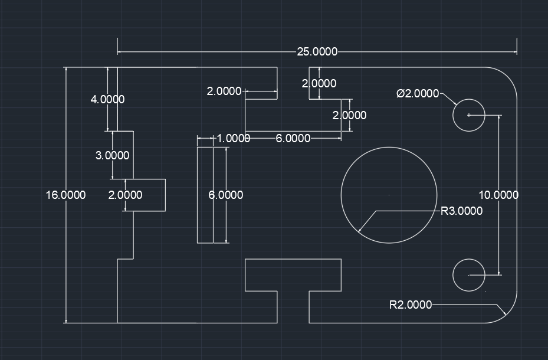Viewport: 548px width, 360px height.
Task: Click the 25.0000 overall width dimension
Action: tap(317, 52)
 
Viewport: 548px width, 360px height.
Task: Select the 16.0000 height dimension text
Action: tap(65, 195)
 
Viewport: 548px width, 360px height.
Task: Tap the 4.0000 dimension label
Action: tap(107, 100)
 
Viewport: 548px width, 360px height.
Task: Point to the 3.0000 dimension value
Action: tap(112, 156)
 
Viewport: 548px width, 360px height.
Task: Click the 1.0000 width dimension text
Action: tap(234, 139)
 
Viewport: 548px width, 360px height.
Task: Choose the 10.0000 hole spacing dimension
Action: tap(498, 195)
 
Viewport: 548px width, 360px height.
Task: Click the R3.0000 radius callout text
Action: tap(462, 211)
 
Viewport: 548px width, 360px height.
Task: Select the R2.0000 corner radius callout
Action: tap(411, 305)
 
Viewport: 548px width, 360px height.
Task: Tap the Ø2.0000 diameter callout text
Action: tap(418, 93)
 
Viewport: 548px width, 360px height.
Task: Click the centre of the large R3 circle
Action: tap(389, 195)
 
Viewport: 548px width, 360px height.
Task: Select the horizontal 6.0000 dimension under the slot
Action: tap(293, 139)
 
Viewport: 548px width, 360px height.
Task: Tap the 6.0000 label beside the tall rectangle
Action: tap(226, 195)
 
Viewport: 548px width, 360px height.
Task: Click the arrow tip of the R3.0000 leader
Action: tap(359, 231)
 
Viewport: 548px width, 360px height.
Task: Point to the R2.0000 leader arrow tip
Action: tap(506, 315)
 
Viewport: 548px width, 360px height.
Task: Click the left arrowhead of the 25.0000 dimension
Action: tap(118, 52)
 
